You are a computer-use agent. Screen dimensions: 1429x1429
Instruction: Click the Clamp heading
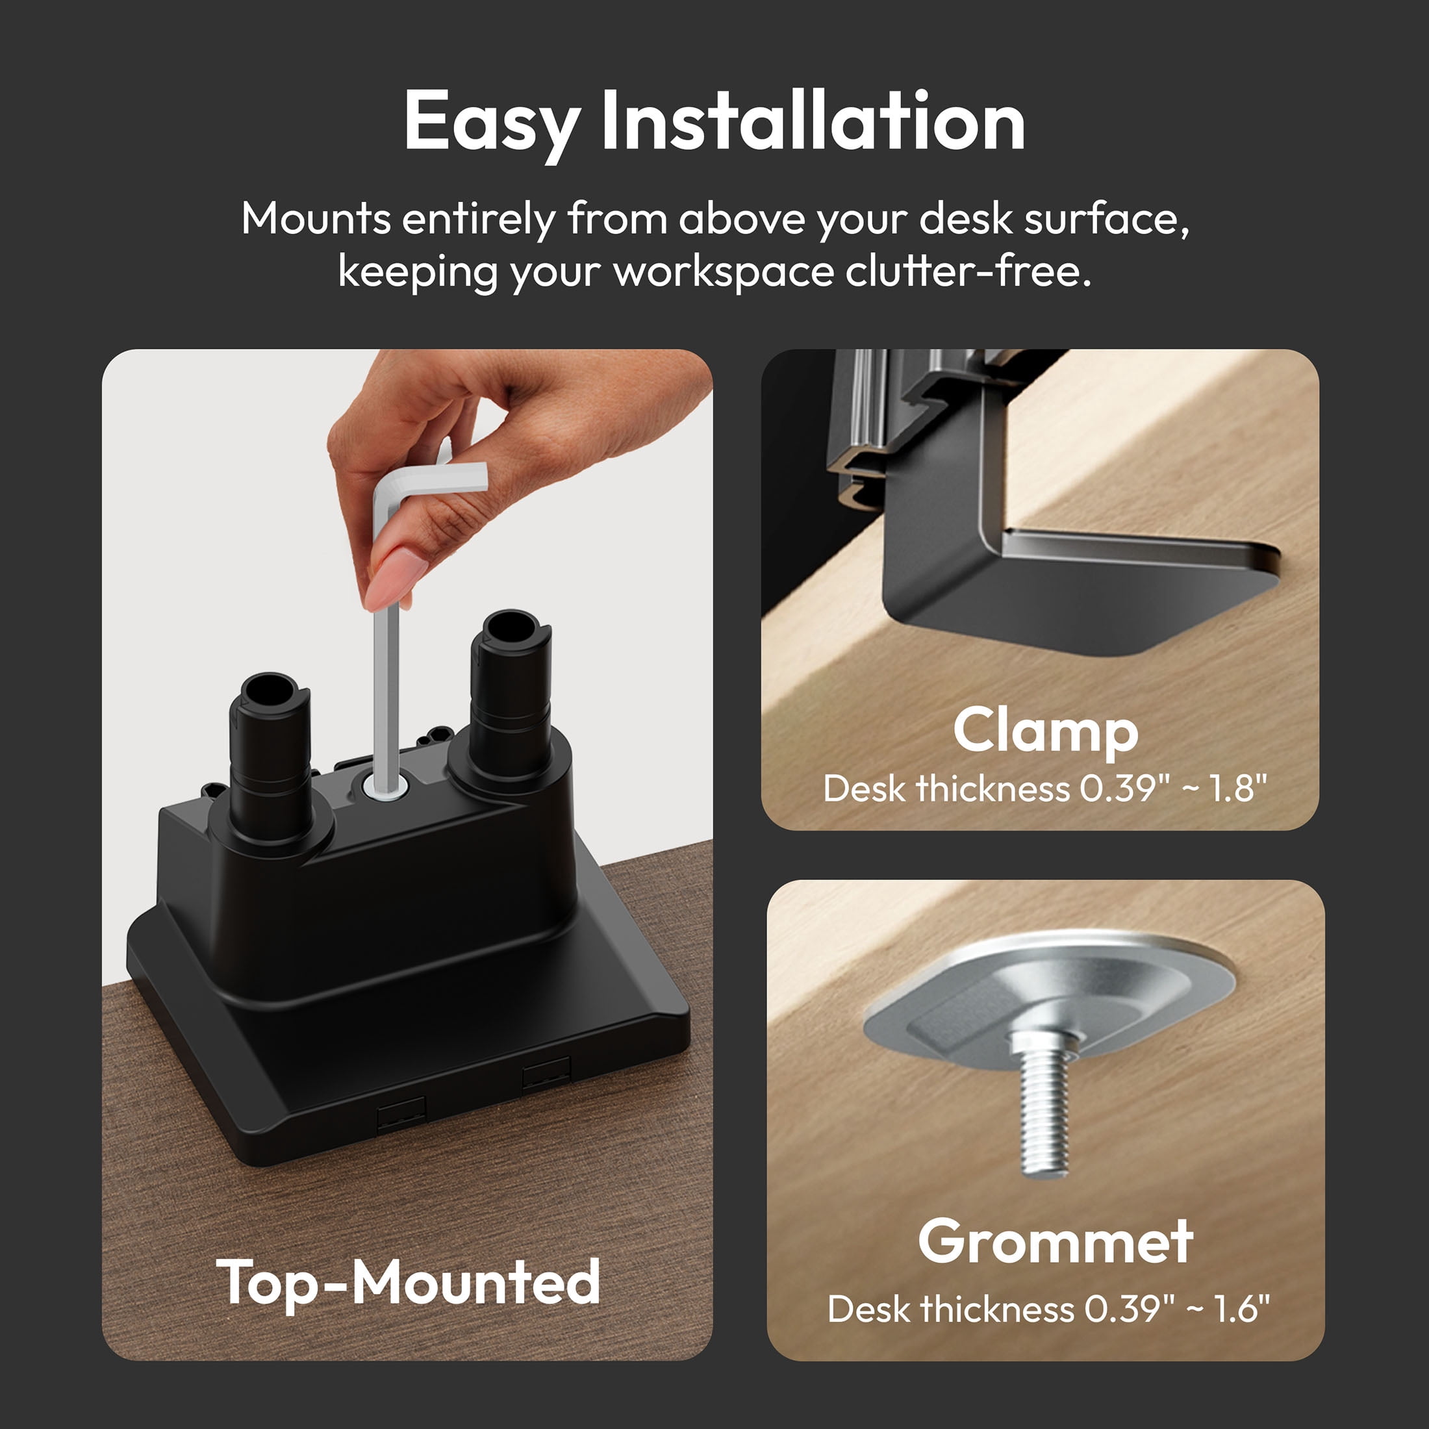coord(1045,731)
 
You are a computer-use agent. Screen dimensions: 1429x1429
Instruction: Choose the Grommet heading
coord(1056,1241)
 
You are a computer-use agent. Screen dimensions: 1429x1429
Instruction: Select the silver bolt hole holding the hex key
coord(385,785)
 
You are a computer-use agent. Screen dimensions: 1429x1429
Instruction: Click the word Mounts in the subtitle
coord(316,219)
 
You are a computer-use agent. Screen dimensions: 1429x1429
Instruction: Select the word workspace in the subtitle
coord(724,272)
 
